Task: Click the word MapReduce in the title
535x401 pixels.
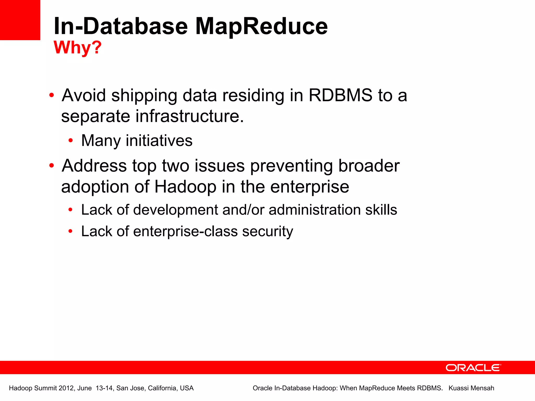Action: tap(261, 26)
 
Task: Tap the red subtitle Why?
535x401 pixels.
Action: tap(78, 48)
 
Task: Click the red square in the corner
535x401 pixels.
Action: tap(20, 20)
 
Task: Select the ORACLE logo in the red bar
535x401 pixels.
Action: tap(473, 368)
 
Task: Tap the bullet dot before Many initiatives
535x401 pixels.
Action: tap(70, 141)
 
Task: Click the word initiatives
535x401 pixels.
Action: tap(159, 141)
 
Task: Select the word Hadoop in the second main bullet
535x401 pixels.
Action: tap(185, 187)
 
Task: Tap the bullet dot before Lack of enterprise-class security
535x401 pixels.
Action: tap(70, 231)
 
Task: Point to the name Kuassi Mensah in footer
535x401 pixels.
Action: tap(471, 388)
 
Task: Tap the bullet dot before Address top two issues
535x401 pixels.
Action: tap(51, 166)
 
